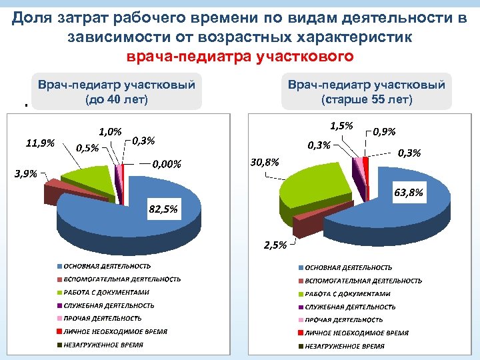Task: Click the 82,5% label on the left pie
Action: point(163,209)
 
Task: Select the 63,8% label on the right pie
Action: point(409,193)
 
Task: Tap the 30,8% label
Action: point(265,162)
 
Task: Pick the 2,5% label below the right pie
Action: point(275,245)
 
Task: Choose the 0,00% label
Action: point(167,163)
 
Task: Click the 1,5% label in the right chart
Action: point(342,126)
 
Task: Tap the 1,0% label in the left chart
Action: point(110,132)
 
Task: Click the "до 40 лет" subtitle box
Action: point(117,93)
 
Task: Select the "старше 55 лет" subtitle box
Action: point(367,92)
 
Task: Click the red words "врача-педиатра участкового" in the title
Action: point(239,57)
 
